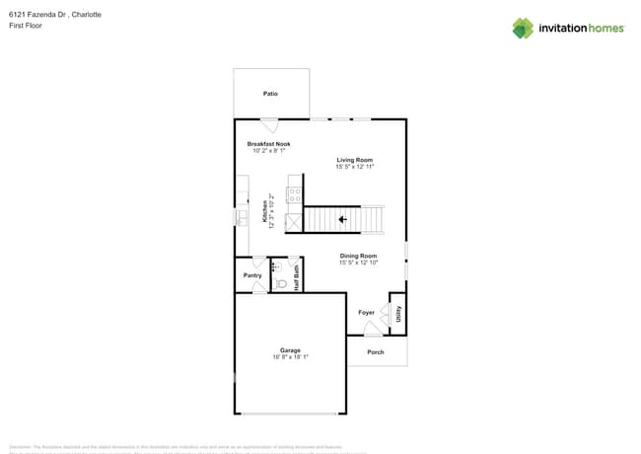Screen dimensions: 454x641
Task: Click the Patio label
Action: (x=270, y=94)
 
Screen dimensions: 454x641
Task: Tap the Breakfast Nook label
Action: (x=268, y=144)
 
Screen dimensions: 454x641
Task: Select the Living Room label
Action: (x=354, y=160)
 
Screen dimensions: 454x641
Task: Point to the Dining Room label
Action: (x=358, y=256)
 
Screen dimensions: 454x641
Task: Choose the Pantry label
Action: (x=252, y=275)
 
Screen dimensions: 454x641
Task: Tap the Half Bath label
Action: (x=296, y=275)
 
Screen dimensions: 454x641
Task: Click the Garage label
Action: (x=290, y=350)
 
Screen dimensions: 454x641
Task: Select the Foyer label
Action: (x=366, y=313)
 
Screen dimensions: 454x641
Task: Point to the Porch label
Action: (x=376, y=352)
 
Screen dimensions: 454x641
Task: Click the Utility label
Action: (x=398, y=314)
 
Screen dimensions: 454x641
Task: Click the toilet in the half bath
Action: (x=280, y=283)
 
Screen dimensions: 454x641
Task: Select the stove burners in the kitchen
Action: (x=293, y=193)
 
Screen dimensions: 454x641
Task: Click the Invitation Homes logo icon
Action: (x=523, y=28)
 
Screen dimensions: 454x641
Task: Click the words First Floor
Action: (x=25, y=26)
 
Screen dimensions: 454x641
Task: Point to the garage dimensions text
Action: (x=290, y=357)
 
